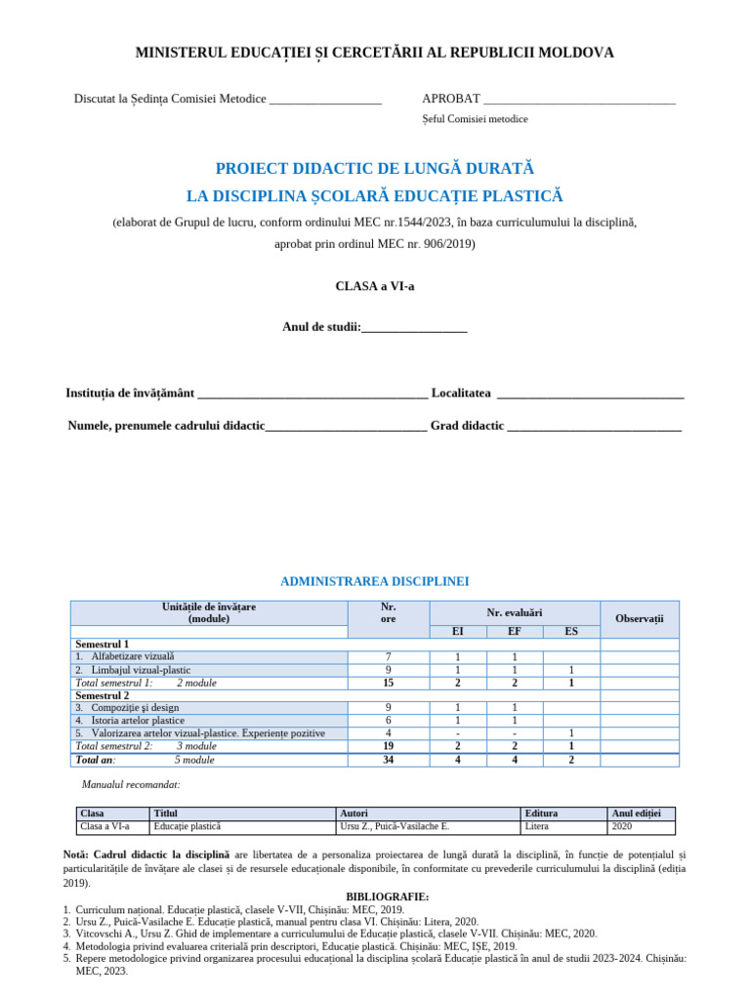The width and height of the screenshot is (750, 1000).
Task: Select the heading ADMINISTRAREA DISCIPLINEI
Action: [375, 581]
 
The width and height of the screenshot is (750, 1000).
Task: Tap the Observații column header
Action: [639, 619]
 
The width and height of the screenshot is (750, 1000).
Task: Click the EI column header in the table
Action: [458, 632]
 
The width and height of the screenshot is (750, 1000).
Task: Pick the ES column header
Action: [570, 632]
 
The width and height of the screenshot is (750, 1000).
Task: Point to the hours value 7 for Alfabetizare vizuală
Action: [388, 657]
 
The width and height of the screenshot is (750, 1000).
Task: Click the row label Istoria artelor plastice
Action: [138, 720]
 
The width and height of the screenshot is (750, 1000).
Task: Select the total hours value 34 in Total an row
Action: [388, 760]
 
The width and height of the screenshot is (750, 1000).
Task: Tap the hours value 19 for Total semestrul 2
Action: [388, 746]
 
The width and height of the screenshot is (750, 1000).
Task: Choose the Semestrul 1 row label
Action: [103, 645]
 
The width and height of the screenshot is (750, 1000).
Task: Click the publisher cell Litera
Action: [537, 826]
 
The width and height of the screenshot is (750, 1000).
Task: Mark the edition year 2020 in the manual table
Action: [622, 826]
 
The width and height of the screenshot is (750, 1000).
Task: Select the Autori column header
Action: [354, 813]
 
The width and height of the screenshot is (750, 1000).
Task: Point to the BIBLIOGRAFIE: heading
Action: [388, 896]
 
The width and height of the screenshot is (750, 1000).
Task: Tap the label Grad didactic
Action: [467, 426]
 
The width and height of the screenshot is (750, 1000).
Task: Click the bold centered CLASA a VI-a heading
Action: [374, 286]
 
